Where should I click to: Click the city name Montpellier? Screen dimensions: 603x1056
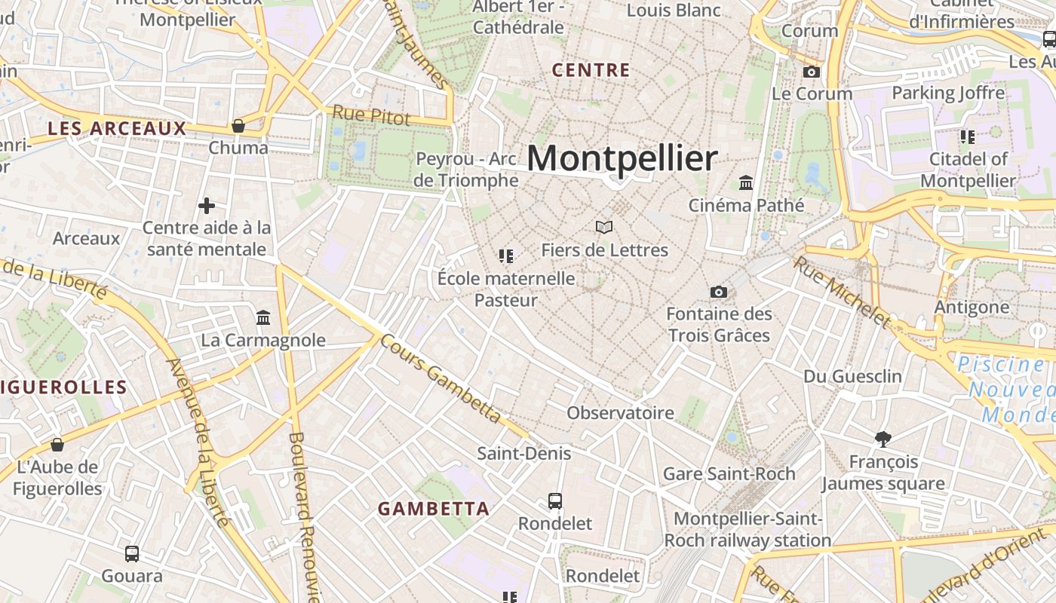pyautogui.click(x=622, y=158)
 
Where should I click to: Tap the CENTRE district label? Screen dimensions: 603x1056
pyautogui.click(x=591, y=70)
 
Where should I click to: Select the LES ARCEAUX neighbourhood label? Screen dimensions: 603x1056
pyautogui.click(x=117, y=128)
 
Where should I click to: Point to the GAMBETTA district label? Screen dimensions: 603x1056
pyautogui.click(x=434, y=509)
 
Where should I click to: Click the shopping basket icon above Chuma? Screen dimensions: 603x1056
pyautogui.click(x=238, y=125)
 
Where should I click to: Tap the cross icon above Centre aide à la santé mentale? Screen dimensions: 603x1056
pyautogui.click(x=207, y=205)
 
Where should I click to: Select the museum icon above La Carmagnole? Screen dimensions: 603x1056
pyautogui.click(x=263, y=317)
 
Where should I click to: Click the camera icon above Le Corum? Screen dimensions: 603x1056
pyautogui.click(x=812, y=72)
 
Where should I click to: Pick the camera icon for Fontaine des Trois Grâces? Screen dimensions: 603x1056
pyautogui.click(x=719, y=292)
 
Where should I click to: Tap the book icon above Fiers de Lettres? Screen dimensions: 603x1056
pyautogui.click(x=604, y=227)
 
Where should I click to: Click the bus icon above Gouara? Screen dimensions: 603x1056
pyautogui.click(x=132, y=554)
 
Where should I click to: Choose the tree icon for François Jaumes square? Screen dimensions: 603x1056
pyautogui.click(x=883, y=439)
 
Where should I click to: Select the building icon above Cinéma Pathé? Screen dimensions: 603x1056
pyautogui.click(x=747, y=182)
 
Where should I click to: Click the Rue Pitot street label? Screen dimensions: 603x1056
pyautogui.click(x=372, y=115)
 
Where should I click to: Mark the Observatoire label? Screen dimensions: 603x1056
pyautogui.click(x=620, y=412)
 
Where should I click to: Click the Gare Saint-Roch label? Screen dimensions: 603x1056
pyautogui.click(x=729, y=473)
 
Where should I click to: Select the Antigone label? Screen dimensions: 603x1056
pyautogui.click(x=972, y=307)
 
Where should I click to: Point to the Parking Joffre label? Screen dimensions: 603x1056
pyautogui.click(x=948, y=93)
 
